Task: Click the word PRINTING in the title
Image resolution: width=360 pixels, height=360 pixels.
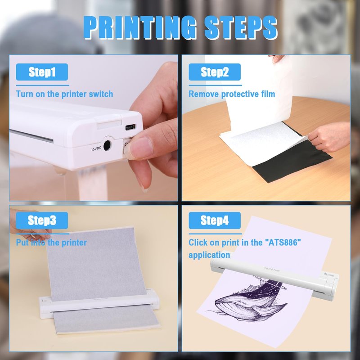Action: [140, 27]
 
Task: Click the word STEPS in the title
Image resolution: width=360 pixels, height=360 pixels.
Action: [241, 27]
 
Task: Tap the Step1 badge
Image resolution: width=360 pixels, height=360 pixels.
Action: [42, 72]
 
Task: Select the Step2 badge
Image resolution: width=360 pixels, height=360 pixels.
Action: [215, 72]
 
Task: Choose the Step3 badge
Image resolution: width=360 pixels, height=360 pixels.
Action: [42, 220]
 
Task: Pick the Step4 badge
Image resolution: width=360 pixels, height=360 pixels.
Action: [215, 220]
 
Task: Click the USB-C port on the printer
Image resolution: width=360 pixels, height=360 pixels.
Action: [130, 127]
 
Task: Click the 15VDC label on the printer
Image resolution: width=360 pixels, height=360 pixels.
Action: [96, 148]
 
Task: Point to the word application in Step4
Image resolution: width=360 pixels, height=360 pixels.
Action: [209, 255]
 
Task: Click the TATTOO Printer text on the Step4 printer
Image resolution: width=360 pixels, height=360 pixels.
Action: [272, 269]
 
